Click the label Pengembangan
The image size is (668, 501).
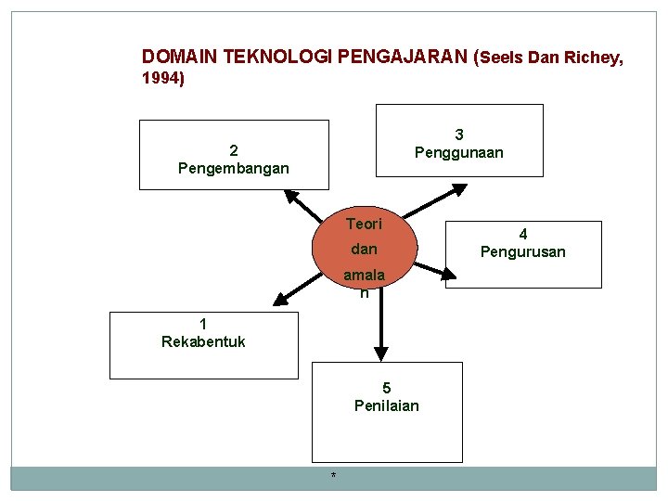233,169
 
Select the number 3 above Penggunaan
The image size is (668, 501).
458,135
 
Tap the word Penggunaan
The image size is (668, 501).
458,152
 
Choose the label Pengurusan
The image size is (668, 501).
522,251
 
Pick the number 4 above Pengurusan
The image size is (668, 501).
522,234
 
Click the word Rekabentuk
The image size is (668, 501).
203,341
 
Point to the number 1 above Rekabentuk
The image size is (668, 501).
203,324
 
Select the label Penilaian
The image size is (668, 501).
386,405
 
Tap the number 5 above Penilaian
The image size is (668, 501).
386,388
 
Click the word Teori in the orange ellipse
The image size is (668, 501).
364,224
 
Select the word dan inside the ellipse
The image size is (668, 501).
364,249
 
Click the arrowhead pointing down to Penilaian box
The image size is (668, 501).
381,353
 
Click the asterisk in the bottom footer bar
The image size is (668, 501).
333,477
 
